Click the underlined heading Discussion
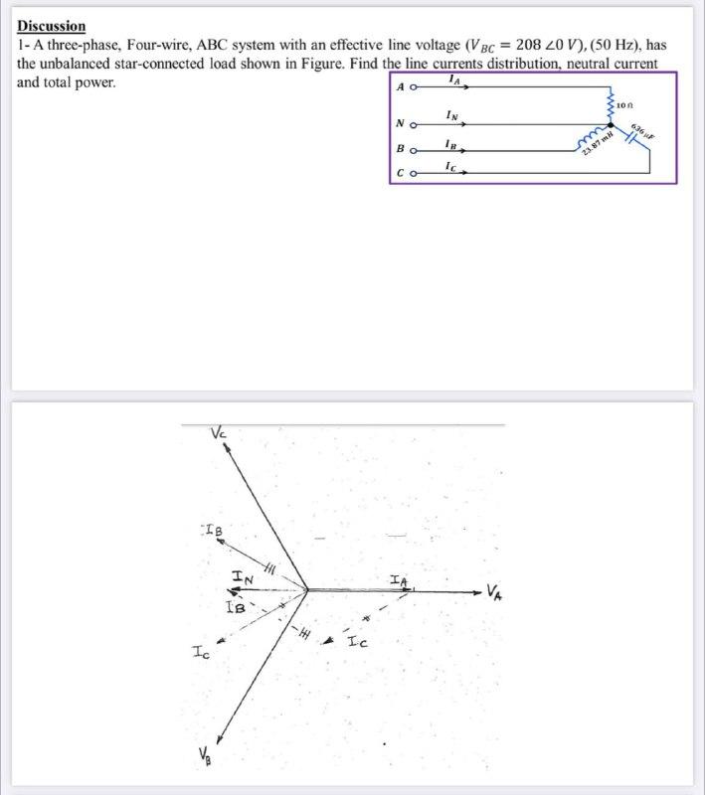point(52,26)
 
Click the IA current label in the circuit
point(454,79)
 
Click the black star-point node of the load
point(610,125)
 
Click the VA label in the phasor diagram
point(496,594)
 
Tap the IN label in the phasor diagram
point(242,576)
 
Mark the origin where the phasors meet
point(307,589)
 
